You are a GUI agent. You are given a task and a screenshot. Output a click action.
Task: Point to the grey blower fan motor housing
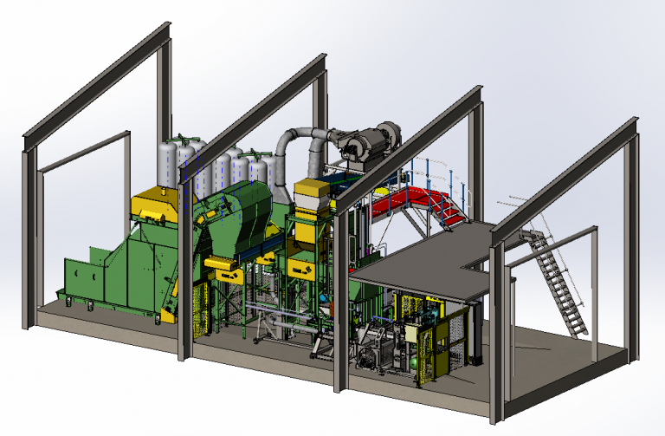(x=368, y=141)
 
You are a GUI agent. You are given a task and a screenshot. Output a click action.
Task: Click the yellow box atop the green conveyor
(x=156, y=203)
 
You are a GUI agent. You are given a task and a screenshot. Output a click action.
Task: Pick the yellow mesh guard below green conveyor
(x=199, y=308)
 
